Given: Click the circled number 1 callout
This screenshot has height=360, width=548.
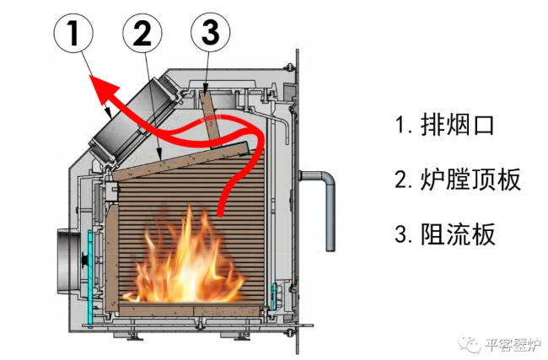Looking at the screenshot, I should point(73,35).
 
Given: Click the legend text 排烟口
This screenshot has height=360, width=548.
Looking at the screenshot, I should point(456,126).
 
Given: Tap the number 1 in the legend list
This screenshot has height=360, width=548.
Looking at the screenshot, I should point(400,126).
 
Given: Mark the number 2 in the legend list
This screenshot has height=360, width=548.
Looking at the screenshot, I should point(401,180).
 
